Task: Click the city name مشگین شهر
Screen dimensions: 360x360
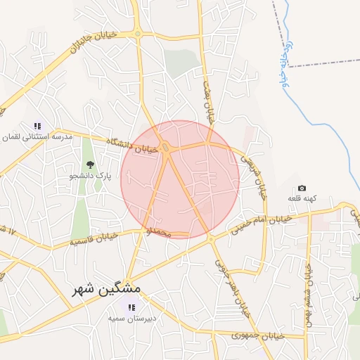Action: pyautogui.click(x=105, y=289)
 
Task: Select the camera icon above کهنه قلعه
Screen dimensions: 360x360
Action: pyautogui.click(x=302, y=188)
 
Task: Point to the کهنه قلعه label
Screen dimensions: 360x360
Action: pyautogui.click(x=302, y=199)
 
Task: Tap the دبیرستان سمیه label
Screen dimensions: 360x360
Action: pyautogui.click(x=131, y=319)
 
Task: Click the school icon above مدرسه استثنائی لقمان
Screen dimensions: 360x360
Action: pyautogui.click(x=38, y=126)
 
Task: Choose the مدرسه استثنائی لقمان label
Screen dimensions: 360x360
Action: pyautogui.click(x=37, y=138)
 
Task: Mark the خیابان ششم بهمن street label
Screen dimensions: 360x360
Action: pyautogui.click(x=308, y=295)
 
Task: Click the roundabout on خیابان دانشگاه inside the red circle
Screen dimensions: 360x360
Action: pyautogui.click(x=165, y=148)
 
